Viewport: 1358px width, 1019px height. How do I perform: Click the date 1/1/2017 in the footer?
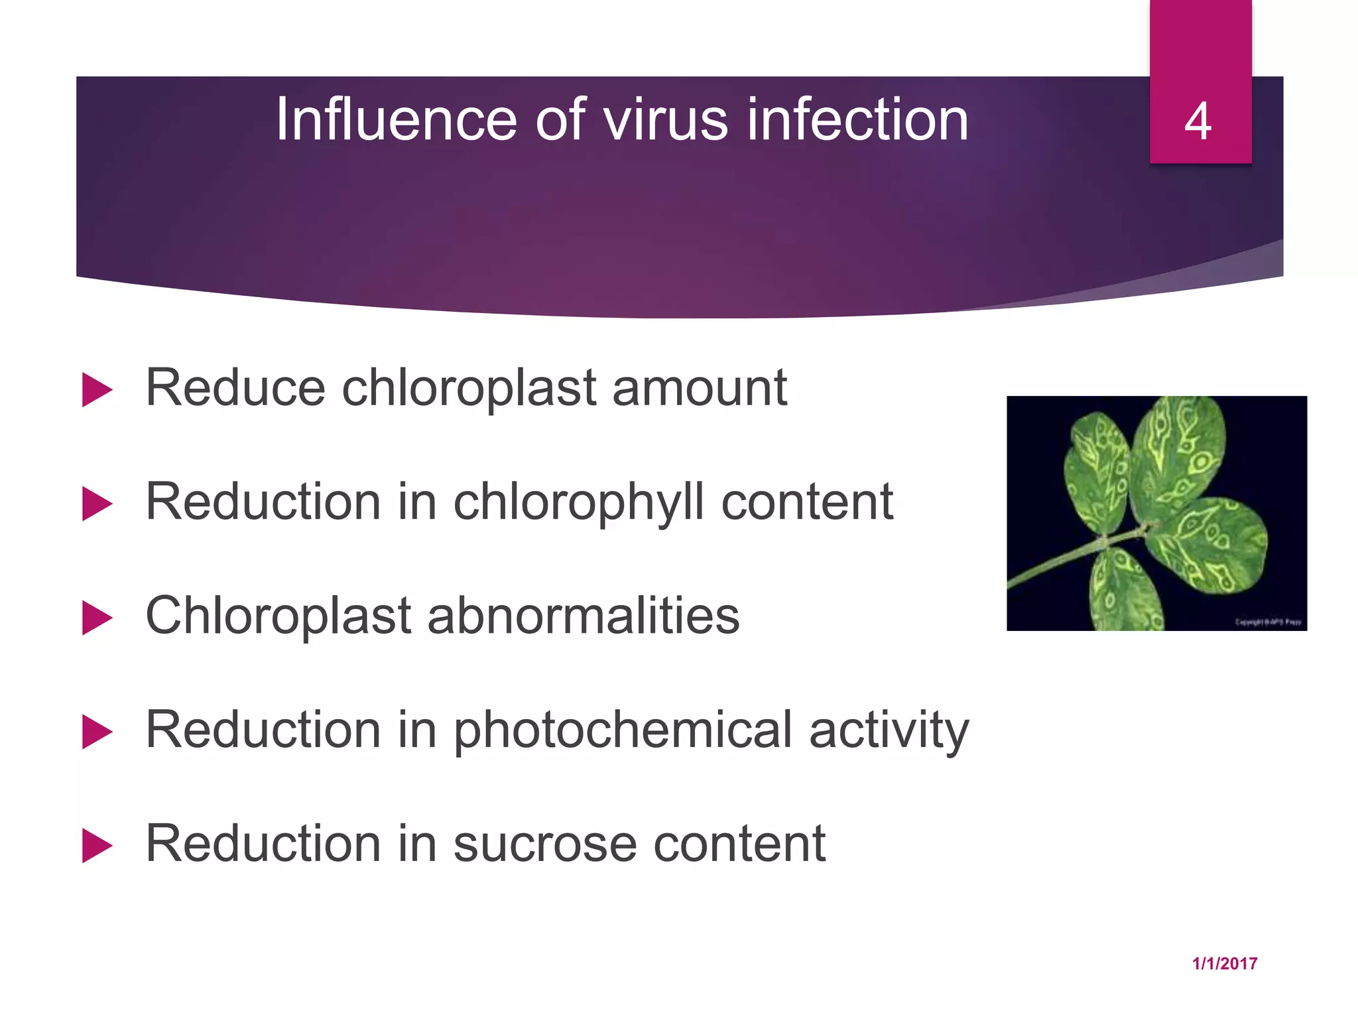tap(1224, 964)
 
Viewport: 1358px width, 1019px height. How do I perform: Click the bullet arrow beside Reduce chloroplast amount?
tap(97, 389)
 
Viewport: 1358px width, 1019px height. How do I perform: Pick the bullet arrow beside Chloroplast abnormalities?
tap(97, 618)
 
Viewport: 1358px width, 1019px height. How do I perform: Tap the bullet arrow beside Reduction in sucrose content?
tap(97, 846)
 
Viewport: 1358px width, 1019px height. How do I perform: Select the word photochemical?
tap(623, 730)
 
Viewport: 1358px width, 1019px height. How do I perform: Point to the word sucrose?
tap(544, 845)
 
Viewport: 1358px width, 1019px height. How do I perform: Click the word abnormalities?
tap(583, 616)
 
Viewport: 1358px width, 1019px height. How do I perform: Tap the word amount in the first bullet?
tap(699, 388)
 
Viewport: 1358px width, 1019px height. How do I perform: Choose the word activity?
tap(889, 730)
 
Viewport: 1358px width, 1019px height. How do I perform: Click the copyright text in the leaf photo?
tap(1267, 622)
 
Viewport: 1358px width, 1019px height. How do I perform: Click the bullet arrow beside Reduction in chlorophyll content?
tap(97, 504)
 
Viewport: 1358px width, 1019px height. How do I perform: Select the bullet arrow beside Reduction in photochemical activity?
tap(97, 732)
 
